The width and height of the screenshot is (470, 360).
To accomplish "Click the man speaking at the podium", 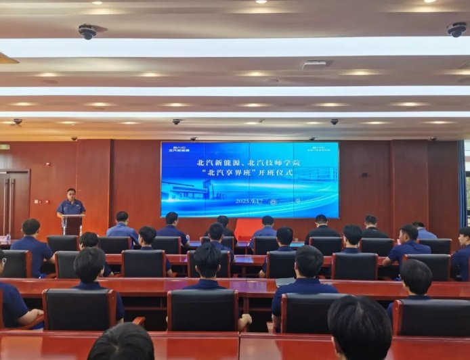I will pos(70,204).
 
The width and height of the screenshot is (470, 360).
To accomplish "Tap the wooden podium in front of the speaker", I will pos(72,225).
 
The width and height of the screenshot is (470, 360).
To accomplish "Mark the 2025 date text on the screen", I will pos(247,201).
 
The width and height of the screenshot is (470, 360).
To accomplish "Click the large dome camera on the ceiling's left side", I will pos(87,31).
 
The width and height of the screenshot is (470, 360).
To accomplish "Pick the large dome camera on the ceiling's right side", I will pos(456,29).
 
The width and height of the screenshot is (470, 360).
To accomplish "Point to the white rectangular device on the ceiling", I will pos(316,65).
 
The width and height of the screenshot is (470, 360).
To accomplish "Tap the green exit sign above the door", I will pos(5,147).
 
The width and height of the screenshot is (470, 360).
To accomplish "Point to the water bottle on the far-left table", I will pos(9,238).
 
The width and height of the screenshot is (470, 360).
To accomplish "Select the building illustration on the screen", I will pos(203,187).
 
